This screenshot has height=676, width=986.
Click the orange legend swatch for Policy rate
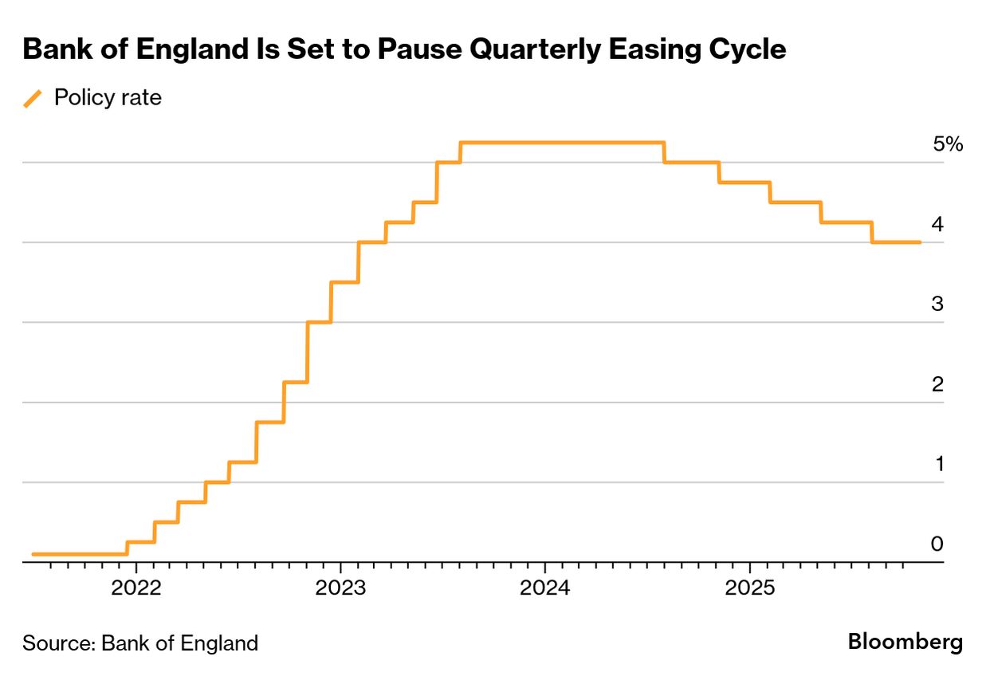pyautogui.click(x=33, y=98)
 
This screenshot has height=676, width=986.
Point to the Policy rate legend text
pyautogui.click(x=107, y=98)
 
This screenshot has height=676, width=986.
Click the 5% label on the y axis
pyautogui.click(x=947, y=144)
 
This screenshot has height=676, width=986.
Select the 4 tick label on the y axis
pyautogui.click(x=937, y=225)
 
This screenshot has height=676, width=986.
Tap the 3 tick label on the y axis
pyautogui.click(x=937, y=305)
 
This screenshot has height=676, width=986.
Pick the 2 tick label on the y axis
pyautogui.click(x=937, y=384)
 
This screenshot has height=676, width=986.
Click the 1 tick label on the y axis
pyautogui.click(x=938, y=464)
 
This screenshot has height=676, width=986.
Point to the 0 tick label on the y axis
pyautogui.click(x=937, y=544)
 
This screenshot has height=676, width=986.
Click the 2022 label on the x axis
pyautogui.click(x=136, y=588)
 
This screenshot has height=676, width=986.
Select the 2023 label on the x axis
pyautogui.click(x=340, y=588)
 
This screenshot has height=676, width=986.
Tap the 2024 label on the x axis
pyautogui.click(x=544, y=588)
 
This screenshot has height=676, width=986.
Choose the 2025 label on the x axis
pyautogui.click(x=749, y=588)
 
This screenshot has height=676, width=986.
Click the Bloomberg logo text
pyautogui.click(x=905, y=642)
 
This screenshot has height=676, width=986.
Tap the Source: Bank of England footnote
pyautogui.click(x=140, y=643)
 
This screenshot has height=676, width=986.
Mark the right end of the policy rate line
pyautogui.click(x=921, y=242)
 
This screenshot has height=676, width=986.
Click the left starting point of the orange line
pyautogui.click(x=33, y=553)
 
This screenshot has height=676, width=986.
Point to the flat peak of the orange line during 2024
pyautogui.click(x=562, y=143)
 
